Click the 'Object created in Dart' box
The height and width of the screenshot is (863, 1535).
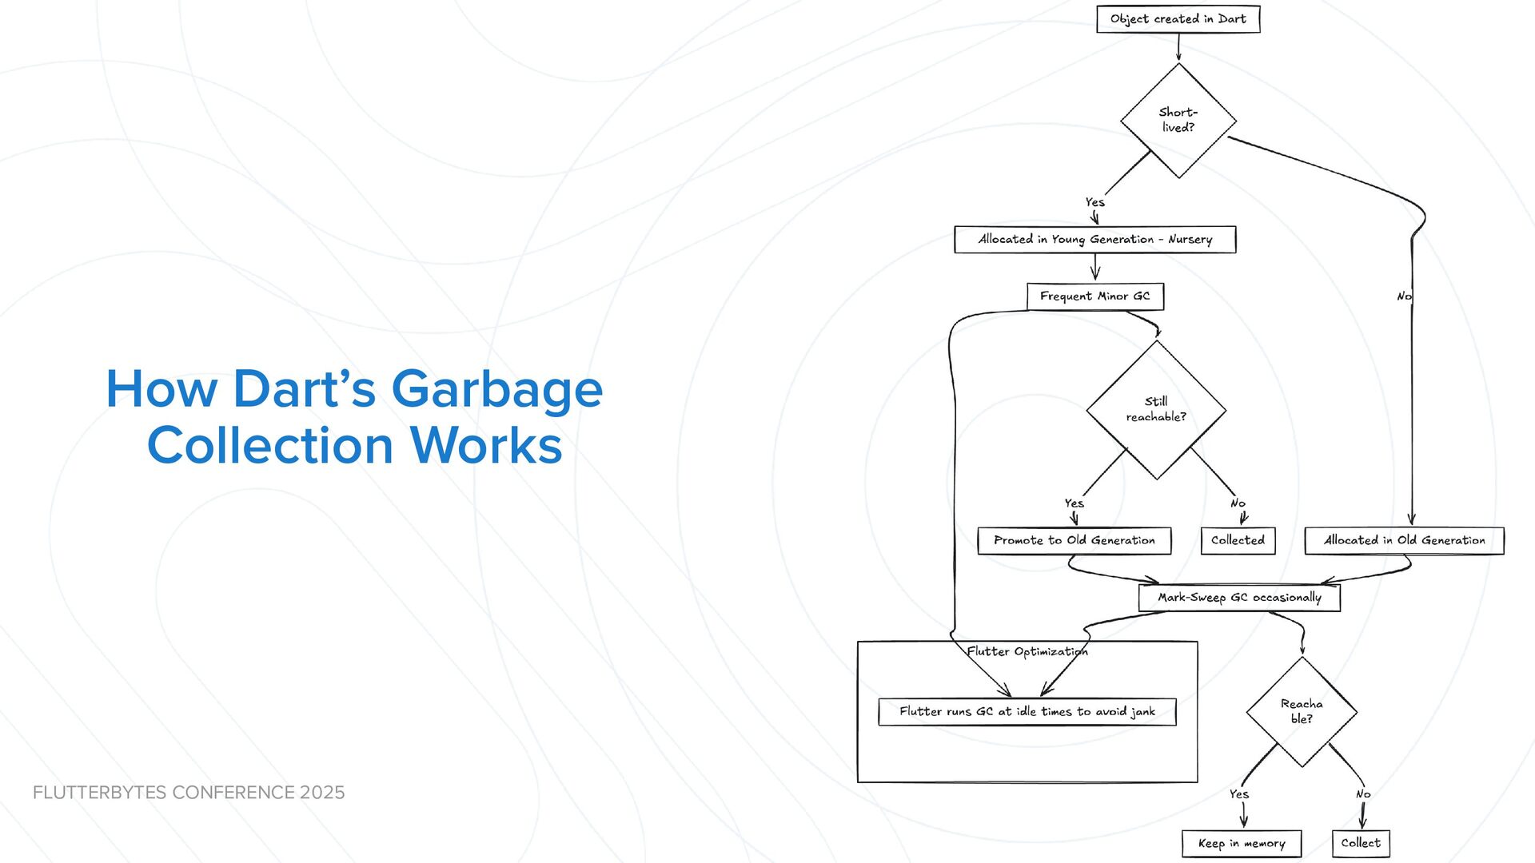click(x=1178, y=19)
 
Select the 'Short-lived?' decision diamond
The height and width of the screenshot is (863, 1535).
click(x=1178, y=121)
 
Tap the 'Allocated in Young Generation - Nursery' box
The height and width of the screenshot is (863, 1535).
click(x=1094, y=240)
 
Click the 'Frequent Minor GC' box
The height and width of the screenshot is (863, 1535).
click(x=1094, y=296)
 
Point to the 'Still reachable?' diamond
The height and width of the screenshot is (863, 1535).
click(x=1156, y=409)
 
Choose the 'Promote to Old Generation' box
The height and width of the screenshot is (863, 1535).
click(x=1074, y=541)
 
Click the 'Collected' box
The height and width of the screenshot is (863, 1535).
click(x=1238, y=541)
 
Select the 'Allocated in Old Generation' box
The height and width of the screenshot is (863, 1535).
click(x=1404, y=541)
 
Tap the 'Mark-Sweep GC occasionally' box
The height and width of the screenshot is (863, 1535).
click(x=1239, y=598)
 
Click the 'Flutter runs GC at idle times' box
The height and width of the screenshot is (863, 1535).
click(x=1027, y=712)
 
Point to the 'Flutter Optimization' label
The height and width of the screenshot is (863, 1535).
click(x=1027, y=652)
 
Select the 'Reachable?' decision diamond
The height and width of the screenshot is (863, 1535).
click(x=1302, y=711)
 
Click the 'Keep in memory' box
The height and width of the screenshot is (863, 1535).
click(x=1242, y=844)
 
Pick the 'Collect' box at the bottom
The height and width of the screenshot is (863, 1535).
click(x=1361, y=844)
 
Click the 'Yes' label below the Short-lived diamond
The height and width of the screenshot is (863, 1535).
click(x=1094, y=202)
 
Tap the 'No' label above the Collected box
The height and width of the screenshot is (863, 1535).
click(x=1238, y=503)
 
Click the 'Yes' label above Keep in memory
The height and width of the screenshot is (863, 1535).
click(x=1238, y=794)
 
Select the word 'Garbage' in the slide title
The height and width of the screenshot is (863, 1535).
click(x=496, y=389)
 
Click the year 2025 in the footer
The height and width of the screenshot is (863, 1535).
click(x=322, y=793)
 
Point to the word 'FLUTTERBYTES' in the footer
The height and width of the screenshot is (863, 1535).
click(x=100, y=793)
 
